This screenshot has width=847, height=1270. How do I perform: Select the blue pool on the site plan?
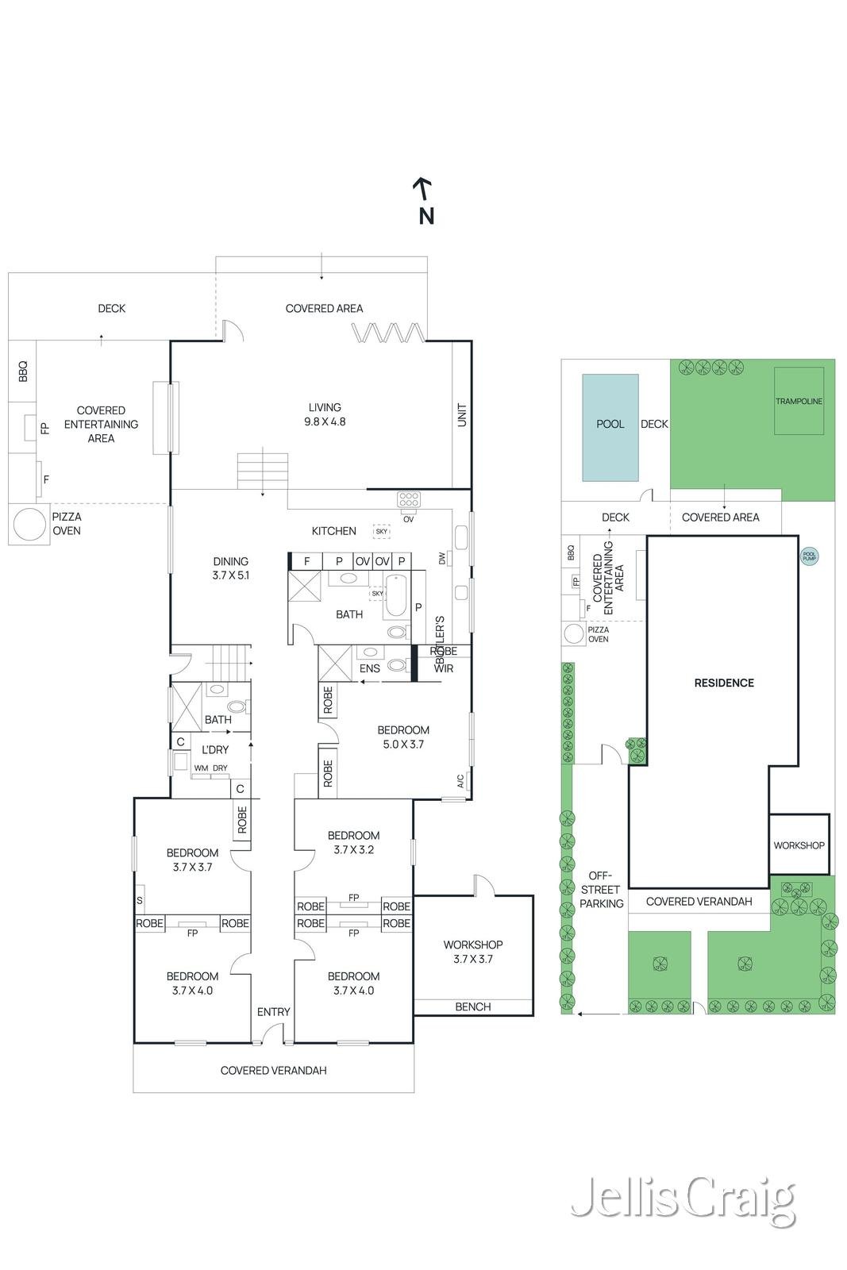[610, 427]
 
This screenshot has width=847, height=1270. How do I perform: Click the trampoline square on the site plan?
[799, 401]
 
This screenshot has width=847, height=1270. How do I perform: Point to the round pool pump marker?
[809, 557]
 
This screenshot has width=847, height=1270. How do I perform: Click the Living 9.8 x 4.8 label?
[325, 414]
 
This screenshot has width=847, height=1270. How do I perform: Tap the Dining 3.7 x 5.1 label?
[230, 568]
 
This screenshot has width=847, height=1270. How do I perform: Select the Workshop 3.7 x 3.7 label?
[473, 951]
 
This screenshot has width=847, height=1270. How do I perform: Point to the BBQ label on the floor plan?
[22, 371]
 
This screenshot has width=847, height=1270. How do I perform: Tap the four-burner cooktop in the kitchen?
[409, 499]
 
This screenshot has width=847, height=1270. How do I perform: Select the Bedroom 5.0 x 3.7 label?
[403, 737]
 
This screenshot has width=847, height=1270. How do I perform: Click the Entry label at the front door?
[273, 1011]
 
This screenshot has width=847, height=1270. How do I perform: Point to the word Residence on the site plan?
[724, 683]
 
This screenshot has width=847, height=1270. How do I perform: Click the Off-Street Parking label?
[601, 889]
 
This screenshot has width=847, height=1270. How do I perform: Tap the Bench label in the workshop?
[473, 1006]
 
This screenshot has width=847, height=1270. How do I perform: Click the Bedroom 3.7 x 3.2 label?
[353, 842]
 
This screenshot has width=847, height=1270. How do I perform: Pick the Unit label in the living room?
[462, 414]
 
